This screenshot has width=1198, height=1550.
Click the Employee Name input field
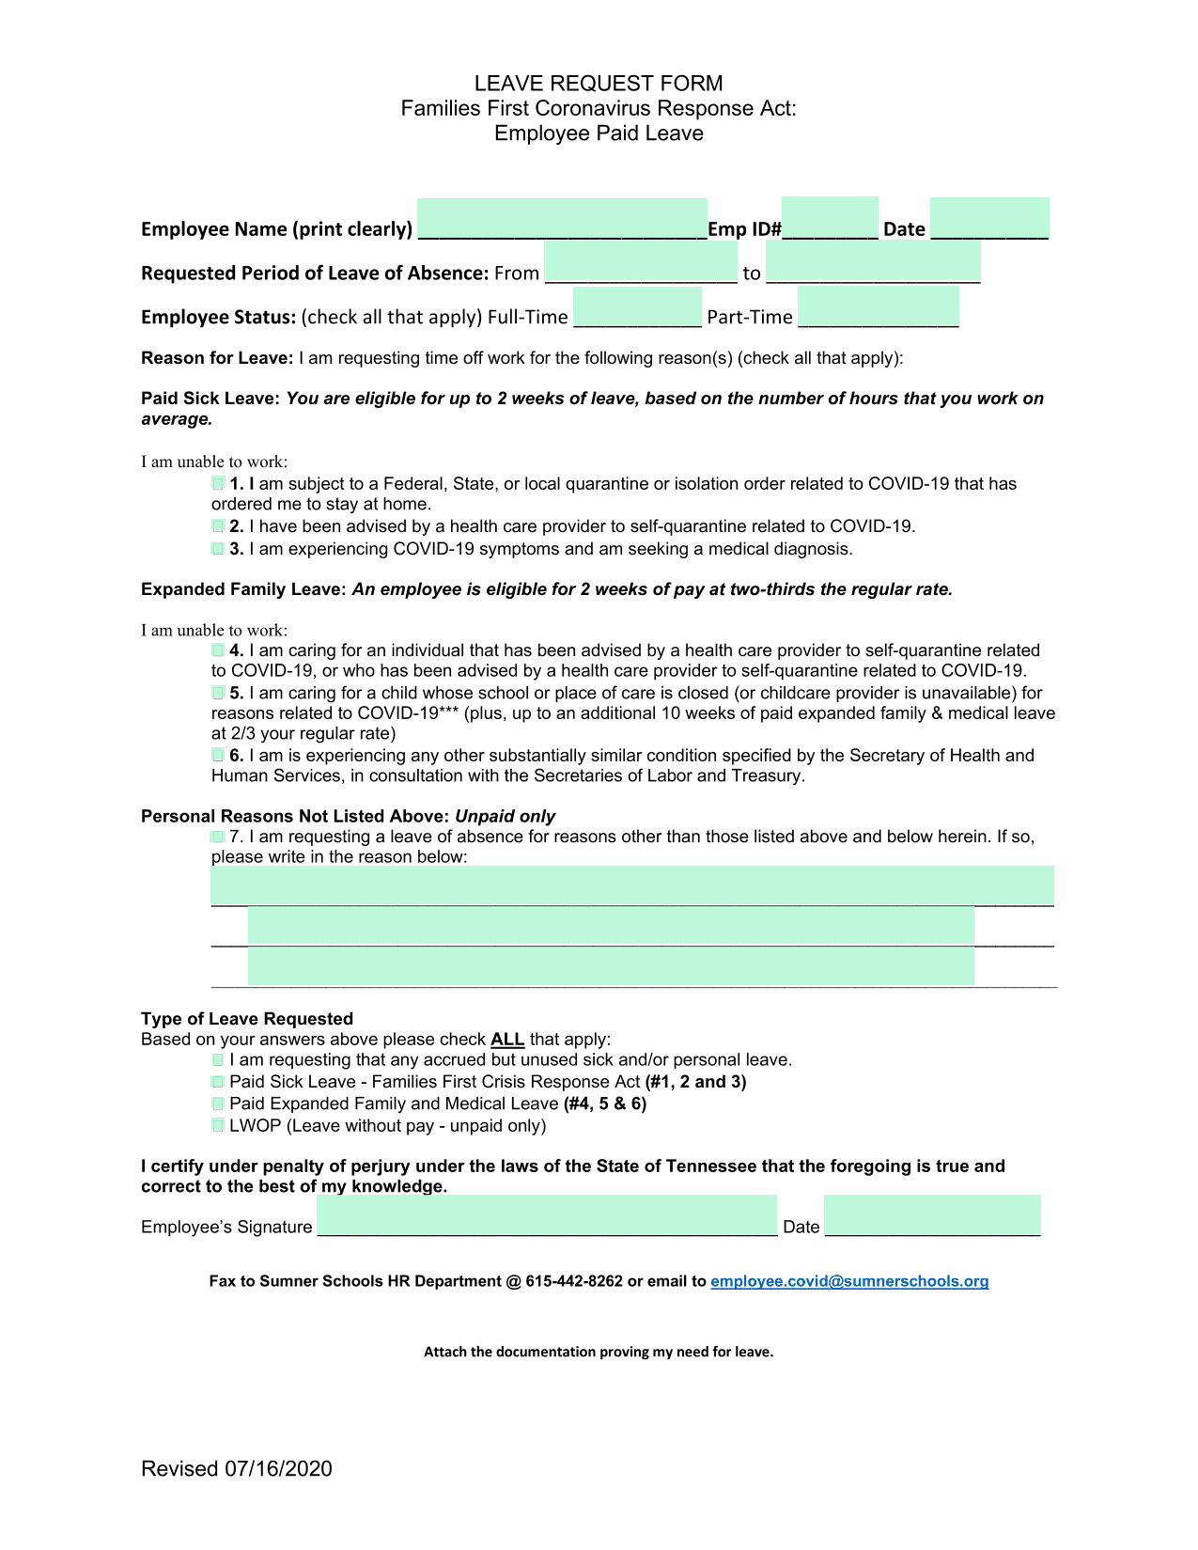[562, 220]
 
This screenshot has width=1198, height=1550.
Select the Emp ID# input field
[830, 219]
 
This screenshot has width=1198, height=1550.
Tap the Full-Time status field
[637, 307]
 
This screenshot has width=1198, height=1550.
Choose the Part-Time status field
[878, 307]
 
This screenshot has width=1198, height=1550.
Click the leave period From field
[641, 262]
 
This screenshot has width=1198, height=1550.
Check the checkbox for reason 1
[218, 483]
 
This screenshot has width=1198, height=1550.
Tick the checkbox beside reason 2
[218, 525]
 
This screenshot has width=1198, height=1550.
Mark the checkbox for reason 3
[218, 548]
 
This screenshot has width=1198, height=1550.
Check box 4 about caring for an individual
[218, 650]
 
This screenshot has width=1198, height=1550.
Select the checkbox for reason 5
[218, 693]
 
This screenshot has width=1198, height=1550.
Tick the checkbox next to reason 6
[218, 755]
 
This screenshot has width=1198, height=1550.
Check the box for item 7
[218, 837]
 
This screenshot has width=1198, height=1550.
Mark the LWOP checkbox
[218, 1125]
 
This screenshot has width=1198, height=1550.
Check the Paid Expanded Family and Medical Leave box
[218, 1104]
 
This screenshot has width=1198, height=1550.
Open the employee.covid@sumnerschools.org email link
[849, 1281]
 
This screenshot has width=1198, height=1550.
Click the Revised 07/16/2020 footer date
[237, 1469]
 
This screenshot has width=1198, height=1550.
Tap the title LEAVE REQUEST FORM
[599, 84]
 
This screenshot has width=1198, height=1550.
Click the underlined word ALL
[507, 1040]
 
